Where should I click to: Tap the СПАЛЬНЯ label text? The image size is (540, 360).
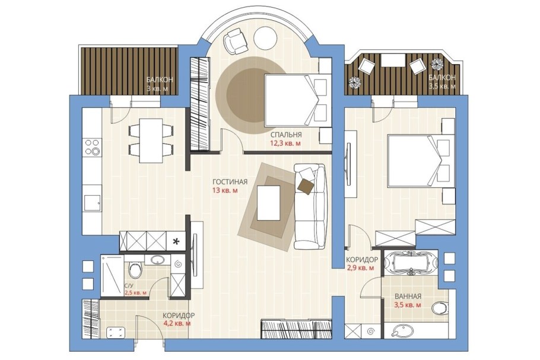(x=286, y=135)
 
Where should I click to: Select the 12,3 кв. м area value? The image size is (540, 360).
(x=286, y=143)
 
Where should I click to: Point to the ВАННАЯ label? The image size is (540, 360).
(x=408, y=297)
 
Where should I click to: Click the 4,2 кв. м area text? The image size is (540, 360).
(x=177, y=323)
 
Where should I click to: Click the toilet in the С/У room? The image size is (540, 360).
(x=135, y=269)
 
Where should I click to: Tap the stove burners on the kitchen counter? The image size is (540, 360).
(x=93, y=147)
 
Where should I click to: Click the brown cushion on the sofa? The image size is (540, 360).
(x=306, y=186)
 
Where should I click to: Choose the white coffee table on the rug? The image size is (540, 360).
(x=269, y=203)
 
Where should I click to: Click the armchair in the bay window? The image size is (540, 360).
(x=236, y=40)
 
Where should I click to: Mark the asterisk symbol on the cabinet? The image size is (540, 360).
(x=176, y=241)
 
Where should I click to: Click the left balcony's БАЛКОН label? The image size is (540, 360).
(x=160, y=80)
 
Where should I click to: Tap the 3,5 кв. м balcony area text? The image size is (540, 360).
(x=442, y=86)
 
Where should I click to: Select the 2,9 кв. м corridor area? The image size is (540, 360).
(x=360, y=268)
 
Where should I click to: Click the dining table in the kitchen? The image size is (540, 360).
(x=151, y=141)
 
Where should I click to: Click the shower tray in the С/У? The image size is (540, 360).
(x=112, y=276)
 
